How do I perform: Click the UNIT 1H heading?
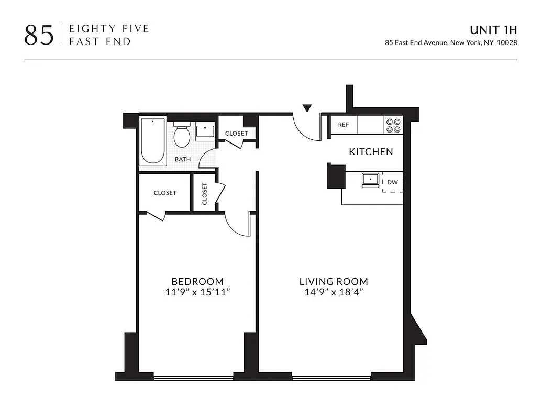[x=493, y=30]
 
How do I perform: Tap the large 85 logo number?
[x=39, y=35]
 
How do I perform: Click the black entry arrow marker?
[x=307, y=108]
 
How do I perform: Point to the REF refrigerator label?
[x=344, y=125]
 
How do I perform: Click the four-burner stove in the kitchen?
[x=394, y=125]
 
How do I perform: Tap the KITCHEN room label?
[x=371, y=152]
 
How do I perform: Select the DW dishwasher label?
[x=392, y=182]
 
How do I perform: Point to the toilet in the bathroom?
[x=182, y=135]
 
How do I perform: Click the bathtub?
[x=153, y=141]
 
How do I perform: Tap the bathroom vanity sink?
[x=205, y=131]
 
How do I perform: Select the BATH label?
[x=183, y=159]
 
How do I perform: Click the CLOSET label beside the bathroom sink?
[x=236, y=134]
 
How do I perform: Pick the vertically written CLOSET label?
[x=204, y=194]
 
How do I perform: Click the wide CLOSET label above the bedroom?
[x=165, y=193]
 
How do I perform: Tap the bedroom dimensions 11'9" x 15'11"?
[x=197, y=292]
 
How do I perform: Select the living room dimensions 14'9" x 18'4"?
[x=334, y=292]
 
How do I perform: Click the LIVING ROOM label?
[x=334, y=281]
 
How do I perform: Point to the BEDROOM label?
[x=197, y=281]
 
